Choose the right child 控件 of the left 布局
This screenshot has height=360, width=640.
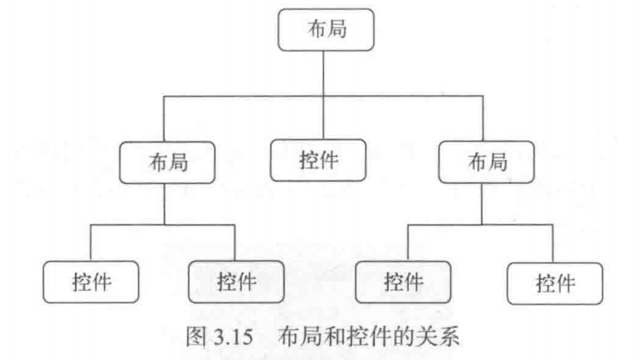point(236,281)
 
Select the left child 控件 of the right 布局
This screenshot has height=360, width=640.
point(403,281)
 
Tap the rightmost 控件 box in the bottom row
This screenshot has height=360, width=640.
point(555,281)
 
